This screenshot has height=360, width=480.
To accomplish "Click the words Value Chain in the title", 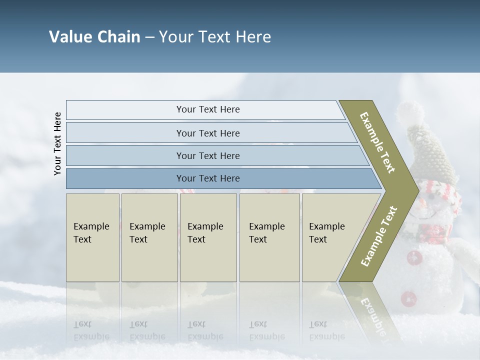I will click(94, 37).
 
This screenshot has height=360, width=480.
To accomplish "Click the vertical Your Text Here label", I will click(57, 143).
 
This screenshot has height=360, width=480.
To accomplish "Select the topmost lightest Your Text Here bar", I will click(207, 109).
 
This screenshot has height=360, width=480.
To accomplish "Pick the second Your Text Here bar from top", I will click(207, 133).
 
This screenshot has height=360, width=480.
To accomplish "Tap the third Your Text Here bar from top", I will click(207, 155).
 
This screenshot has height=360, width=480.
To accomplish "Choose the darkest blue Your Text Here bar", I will click(207, 178).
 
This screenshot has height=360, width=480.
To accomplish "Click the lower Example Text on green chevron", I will click(378, 236).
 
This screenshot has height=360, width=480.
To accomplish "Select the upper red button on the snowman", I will click(413, 258).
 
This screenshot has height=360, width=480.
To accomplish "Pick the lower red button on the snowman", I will click(408, 298).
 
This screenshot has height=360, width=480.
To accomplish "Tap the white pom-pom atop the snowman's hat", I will click(411, 111).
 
